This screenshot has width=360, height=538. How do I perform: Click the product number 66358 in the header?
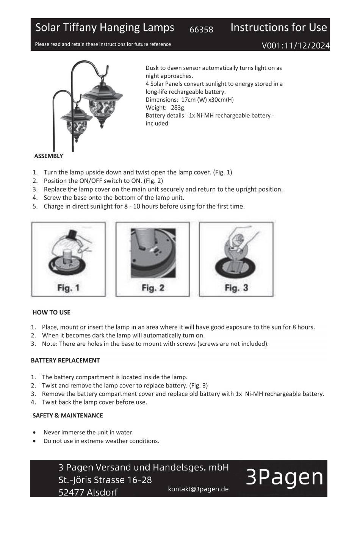coord(201,30)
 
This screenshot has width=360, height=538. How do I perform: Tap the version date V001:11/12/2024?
coord(296,45)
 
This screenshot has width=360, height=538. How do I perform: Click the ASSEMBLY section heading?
coord(49,156)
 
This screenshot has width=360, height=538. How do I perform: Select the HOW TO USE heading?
coord(52,312)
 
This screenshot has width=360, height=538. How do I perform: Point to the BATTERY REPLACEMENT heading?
coord(65,361)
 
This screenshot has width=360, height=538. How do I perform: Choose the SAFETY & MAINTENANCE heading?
coord(68,416)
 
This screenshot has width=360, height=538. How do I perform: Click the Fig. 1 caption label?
coord(68,288)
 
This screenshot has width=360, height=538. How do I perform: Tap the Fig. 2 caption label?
coord(153,288)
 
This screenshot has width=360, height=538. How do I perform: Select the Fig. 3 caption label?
coord(236,288)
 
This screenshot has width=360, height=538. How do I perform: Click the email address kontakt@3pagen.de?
coord(198,489)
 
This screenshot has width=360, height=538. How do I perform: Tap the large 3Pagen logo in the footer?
coord(285,478)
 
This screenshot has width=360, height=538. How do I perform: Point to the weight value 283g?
coord(177,108)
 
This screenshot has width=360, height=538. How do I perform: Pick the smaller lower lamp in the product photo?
coord(76,124)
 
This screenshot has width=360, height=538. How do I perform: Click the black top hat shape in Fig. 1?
coord(71,234)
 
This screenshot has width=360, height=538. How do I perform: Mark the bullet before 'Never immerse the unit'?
coord(34,433)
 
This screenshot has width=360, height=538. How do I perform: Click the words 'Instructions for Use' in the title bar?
coord(279,27)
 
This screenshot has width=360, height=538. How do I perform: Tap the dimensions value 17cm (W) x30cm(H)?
coord(207,100)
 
